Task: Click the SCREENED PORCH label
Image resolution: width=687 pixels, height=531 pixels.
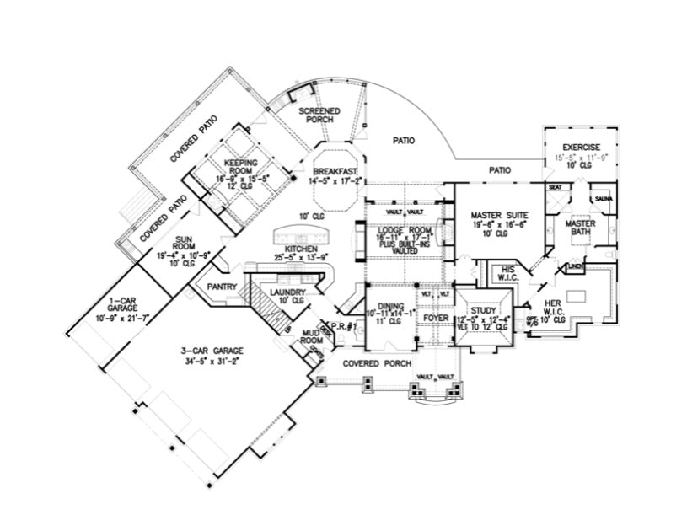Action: coord(320,115)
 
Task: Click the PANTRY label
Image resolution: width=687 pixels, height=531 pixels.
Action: coord(221,287)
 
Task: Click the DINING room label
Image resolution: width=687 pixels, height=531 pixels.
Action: coord(391,307)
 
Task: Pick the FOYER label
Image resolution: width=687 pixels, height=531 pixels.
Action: coord(436,318)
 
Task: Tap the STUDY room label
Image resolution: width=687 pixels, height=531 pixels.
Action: coord(483,310)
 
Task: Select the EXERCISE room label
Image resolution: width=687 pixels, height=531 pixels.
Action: coord(581,147)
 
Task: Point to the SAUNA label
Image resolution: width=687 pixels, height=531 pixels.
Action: coord(604,198)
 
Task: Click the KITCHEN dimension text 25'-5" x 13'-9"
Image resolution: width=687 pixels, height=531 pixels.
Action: coord(301,258)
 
